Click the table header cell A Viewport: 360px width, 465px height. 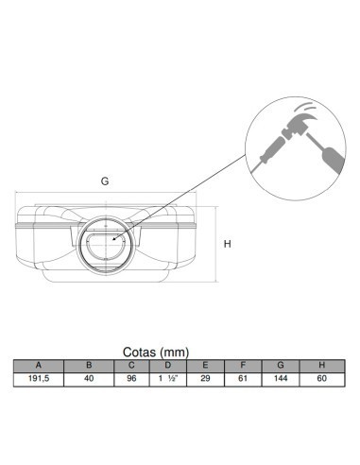click(38, 365)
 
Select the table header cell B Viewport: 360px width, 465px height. click(89, 365)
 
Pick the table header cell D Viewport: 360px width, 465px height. click(167, 365)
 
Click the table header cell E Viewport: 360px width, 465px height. click(206, 365)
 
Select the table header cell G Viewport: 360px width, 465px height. click(283, 365)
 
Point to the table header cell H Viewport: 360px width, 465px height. click(321, 365)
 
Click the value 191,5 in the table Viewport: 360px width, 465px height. click(38, 378)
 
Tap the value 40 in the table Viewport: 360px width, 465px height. click(89, 378)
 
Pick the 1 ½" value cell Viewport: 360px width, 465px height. click(167, 378)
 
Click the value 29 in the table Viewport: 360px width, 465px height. click(206, 378)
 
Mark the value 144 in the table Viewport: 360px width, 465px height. click(283, 378)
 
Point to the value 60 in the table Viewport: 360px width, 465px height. click(321, 378)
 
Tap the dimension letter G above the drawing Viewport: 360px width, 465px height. click(104, 179)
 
